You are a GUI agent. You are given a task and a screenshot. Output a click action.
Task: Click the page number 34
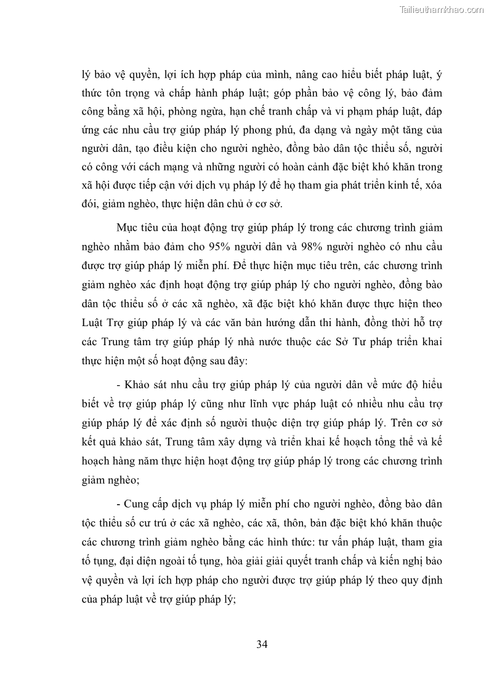coord(262,644)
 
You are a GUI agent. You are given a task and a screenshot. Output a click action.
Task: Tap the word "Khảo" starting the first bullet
coord(139,386)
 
